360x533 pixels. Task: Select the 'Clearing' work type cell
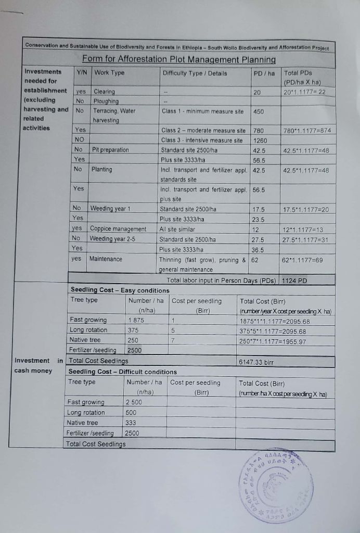(x=104, y=92)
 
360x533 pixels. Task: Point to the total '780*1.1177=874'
(x=306, y=130)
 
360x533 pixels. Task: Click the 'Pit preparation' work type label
(x=111, y=150)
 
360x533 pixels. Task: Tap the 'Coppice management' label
(x=118, y=229)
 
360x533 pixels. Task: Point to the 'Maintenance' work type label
(x=107, y=259)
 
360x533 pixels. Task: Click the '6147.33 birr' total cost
(x=256, y=360)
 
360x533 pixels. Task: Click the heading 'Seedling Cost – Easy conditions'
(x=120, y=290)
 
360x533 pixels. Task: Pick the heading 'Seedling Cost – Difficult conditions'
(x=123, y=372)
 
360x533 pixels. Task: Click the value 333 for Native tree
(x=131, y=423)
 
